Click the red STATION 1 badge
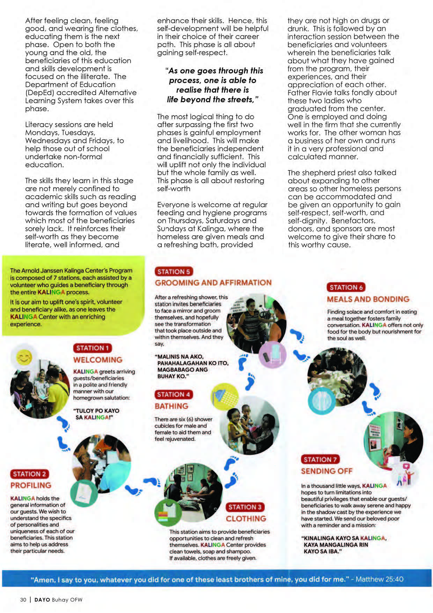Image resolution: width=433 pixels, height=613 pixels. click(x=92, y=348)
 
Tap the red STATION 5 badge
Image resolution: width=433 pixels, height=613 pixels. click(x=174, y=271)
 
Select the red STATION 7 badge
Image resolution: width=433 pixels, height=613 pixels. click(x=320, y=459)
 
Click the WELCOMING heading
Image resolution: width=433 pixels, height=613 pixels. click(x=98, y=360)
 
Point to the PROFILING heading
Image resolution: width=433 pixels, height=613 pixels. click(x=31, y=485)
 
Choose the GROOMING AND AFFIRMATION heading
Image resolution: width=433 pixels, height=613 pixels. click(x=213, y=283)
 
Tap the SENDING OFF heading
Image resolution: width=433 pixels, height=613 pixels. click(x=326, y=471)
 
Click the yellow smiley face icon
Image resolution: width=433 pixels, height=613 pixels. click(x=24, y=357)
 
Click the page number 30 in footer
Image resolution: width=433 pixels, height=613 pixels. click(x=23, y=600)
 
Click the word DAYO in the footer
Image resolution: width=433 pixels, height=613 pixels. click(x=42, y=600)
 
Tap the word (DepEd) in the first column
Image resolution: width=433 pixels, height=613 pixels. click(x=39, y=93)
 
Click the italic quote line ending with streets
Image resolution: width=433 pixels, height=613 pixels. click(x=213, y=100)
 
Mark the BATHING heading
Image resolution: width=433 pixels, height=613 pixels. click(x=171, y=406)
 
